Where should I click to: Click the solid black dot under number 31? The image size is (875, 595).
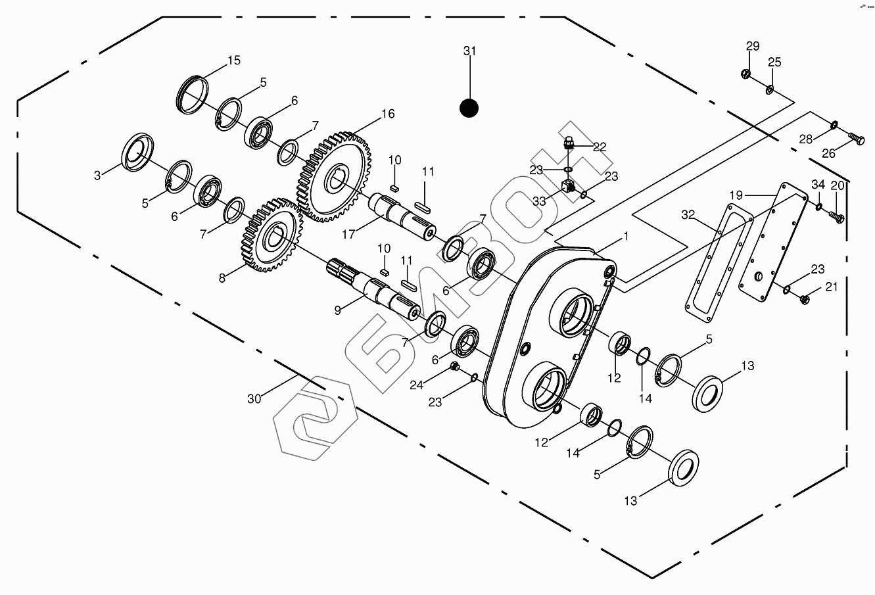[x=469, y=108]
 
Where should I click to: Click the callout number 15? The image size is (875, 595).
[x=234, y=60]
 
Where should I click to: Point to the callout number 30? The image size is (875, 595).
[x=254, y=398]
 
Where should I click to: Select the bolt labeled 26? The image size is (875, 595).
[x=855, y=139]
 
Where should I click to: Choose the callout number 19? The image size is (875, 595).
[x=736, y=195]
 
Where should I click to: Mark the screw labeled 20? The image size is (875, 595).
[x=837, y=216]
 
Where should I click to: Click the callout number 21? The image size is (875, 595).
[x=832, y=287]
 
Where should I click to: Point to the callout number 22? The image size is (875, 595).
[x=599, y=147]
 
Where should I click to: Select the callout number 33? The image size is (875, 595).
[x=539, y=202]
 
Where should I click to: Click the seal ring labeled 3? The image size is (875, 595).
[x=138, y=153]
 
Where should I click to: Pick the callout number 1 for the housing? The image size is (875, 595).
[x=626, y=235]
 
